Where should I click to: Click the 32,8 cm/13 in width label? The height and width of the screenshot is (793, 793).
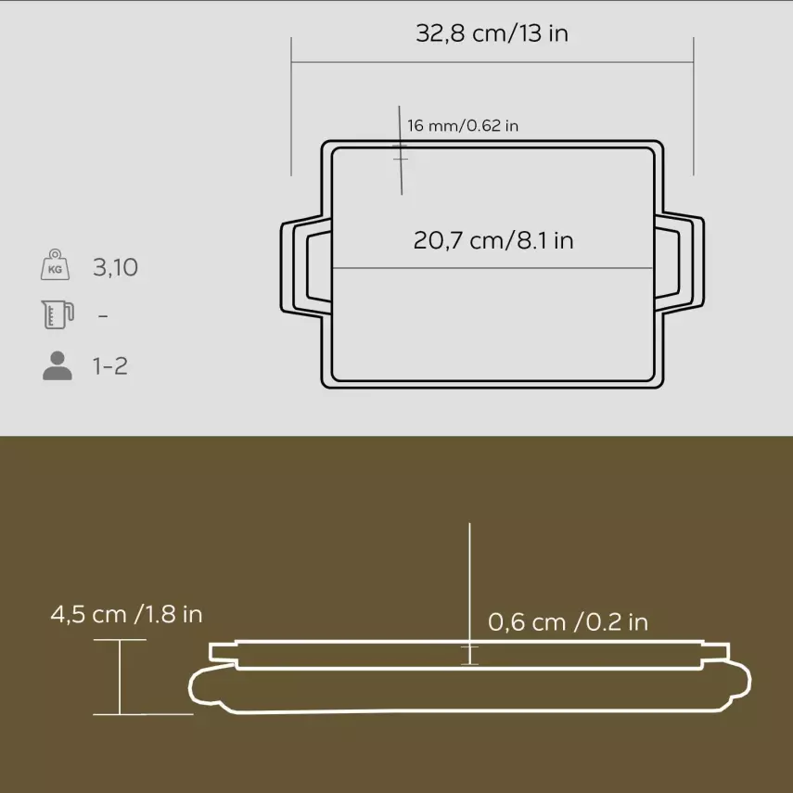tap(492, 34)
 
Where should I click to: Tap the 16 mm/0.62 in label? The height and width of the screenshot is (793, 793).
tap(462, 125)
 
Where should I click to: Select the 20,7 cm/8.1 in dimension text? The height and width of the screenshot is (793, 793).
tap(492, 241)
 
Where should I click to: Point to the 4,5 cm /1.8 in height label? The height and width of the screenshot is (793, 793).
tap(126, 614)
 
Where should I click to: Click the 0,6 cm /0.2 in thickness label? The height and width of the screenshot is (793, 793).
tap(568, 621)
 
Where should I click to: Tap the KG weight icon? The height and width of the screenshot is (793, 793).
tap(56, 266)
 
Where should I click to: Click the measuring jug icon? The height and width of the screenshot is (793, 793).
tap(56, 315)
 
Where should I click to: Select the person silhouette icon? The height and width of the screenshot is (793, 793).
tap(57, 365)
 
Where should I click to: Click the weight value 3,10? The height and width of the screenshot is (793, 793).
tap(115, 268)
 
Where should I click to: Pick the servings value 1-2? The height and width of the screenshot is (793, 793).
tap(110, 366)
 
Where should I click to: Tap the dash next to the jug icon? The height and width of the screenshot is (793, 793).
tap(103, 316)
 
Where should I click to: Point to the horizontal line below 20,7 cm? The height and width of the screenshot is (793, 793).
tap(492, 270)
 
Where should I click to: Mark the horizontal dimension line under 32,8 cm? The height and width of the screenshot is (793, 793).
tap(492, 63)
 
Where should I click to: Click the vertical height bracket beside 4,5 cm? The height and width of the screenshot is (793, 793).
tap(121, 677)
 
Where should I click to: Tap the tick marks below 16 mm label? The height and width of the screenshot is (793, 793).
tap(401, 153)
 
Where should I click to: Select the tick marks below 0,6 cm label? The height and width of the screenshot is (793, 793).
tap(470, 654)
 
